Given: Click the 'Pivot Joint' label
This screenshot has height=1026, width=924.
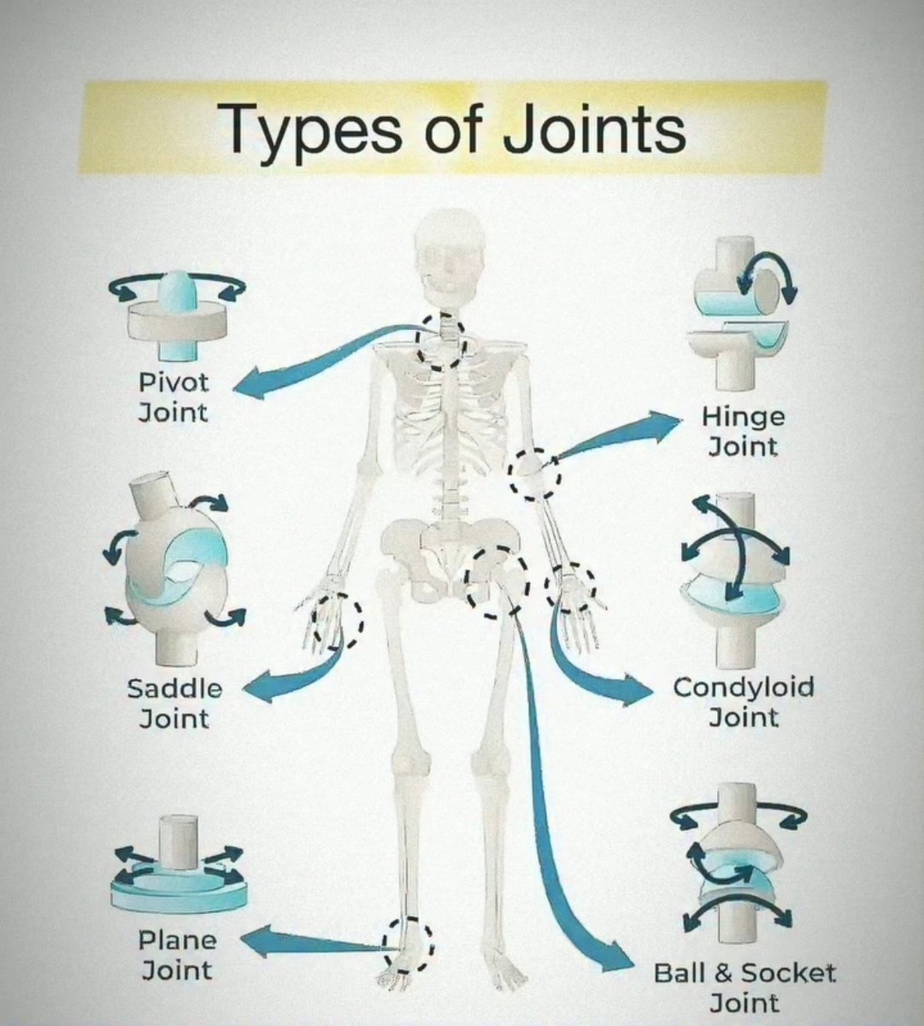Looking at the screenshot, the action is (174, 397).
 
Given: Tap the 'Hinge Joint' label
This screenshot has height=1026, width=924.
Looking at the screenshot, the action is (743, 431).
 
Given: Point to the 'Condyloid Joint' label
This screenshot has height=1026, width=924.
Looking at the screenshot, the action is (743, 701).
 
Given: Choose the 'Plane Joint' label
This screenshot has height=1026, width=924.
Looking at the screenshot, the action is (177, 955).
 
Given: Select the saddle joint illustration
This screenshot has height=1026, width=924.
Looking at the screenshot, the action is (174, 569).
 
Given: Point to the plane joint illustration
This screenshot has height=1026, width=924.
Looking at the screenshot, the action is (179, 868).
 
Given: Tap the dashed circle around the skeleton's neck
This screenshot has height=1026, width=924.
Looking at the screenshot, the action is (441, 339).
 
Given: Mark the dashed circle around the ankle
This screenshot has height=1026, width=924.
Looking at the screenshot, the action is (408, 944).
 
